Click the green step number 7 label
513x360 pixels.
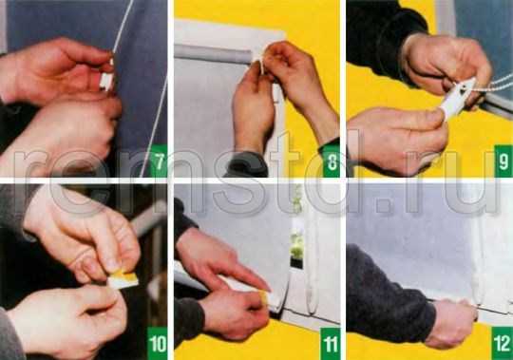coord(159,161)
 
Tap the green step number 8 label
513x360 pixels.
coord(331,161)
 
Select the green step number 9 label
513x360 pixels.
coord(503,161)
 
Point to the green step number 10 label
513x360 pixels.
coord(158,343)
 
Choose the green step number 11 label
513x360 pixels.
coord(331,343)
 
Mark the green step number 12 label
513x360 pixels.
coord(503,343)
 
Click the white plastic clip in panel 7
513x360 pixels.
coord(106,80)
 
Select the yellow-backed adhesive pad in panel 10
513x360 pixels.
coord(123,279)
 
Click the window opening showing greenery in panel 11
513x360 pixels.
coord(296,242)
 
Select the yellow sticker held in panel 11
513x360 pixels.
coord(264,298)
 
